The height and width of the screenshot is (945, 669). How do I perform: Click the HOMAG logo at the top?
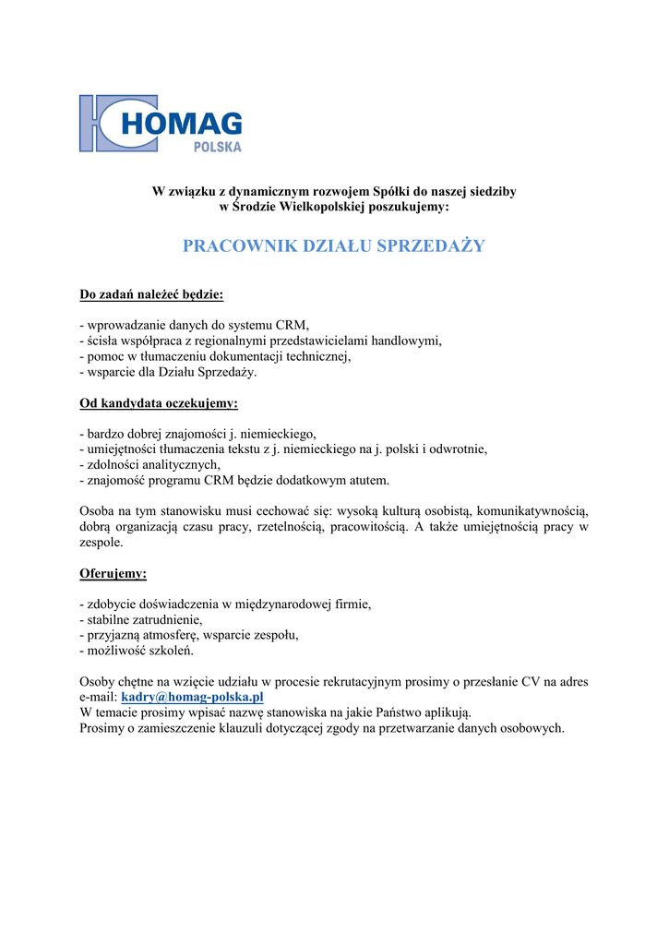[161, 123]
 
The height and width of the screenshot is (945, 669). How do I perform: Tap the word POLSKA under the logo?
[218, 147]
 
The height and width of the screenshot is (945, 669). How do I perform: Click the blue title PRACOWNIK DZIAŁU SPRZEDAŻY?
[333, 245]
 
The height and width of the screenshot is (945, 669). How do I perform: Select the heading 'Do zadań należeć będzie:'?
[151, 295]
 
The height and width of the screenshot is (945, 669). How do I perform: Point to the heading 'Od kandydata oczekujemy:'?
[159, 403]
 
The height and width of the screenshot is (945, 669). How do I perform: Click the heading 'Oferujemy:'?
[113, 573]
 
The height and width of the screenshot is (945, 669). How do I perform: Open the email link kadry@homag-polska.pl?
[192, 697]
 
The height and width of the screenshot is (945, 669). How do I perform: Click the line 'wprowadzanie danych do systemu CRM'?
[195, 325]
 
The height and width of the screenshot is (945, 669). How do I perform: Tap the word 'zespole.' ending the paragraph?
[102, 543]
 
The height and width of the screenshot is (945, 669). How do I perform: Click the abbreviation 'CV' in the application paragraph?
[531, 682]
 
